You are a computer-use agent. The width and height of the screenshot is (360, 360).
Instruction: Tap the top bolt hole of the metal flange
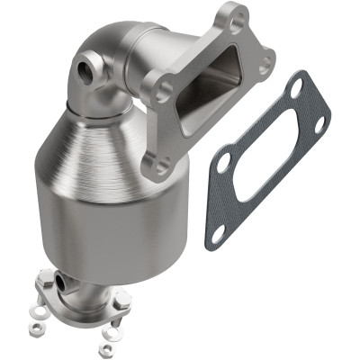(x=235, y=17)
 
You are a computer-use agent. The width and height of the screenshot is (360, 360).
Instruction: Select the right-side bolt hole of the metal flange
(x=265, y=65)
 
